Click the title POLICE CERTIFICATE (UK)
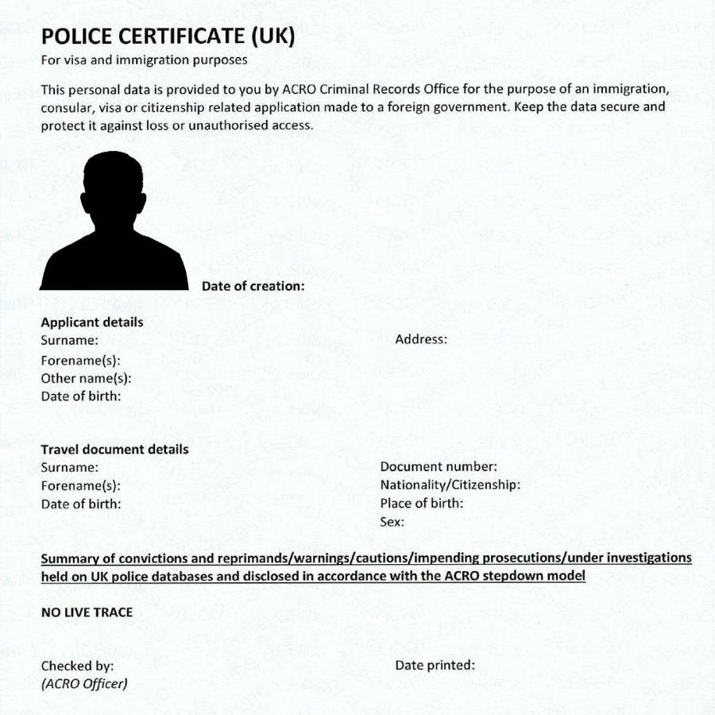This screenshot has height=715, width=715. (168, 37)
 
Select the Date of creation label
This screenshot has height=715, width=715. (253, 286)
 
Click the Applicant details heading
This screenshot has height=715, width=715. (92, 323)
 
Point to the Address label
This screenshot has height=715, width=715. (421, 339)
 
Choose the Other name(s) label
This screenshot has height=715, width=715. (86, 378)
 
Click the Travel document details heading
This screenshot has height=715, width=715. (114, 450)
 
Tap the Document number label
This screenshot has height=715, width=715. (439, 467)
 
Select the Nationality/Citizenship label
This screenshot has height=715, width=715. (450, 485)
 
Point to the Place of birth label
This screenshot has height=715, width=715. (421, 504)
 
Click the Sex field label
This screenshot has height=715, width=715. (392, 522)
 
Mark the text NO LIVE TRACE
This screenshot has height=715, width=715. (87, 613)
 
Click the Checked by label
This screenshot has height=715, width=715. (77, 666)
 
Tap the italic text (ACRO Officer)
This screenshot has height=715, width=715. (84, 683)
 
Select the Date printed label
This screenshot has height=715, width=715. (435, 665)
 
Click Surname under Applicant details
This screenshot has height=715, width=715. (69, 340)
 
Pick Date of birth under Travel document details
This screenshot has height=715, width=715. (80, 504)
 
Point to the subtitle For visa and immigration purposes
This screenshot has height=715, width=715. (144, 60)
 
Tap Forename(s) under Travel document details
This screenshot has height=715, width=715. (80, 485)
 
